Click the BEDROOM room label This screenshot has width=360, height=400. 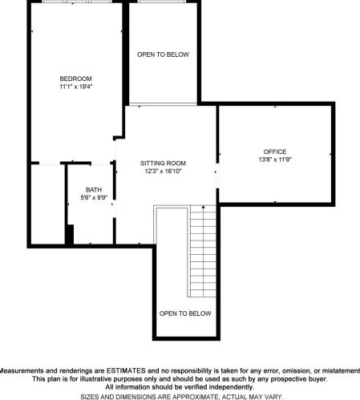coord(76,79)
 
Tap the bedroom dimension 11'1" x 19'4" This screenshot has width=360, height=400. coord(76,87)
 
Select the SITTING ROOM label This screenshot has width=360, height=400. coord(163,164)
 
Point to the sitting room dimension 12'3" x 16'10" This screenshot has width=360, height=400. coord(163,171)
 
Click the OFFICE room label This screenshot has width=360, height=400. coord(275,152)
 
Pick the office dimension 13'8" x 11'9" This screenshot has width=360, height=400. coord(275,160)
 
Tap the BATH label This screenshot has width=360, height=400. coord(94,190)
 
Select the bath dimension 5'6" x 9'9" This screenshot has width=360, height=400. coord(94,198)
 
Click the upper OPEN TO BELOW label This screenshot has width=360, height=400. coord(163,55)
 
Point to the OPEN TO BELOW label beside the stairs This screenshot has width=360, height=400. coord(185,313)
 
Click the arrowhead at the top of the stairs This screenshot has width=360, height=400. coord(204,207)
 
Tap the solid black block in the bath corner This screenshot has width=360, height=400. coord(70,234)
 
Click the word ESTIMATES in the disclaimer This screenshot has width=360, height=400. coord(126,371)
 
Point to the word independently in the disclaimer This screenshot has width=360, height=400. coord(231,387)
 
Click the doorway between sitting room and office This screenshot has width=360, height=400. coord(217,176)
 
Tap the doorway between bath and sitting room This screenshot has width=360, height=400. coord(115,208)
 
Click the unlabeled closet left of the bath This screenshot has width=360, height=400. coord(48,204)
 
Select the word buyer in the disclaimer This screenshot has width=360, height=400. coord(318,379)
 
